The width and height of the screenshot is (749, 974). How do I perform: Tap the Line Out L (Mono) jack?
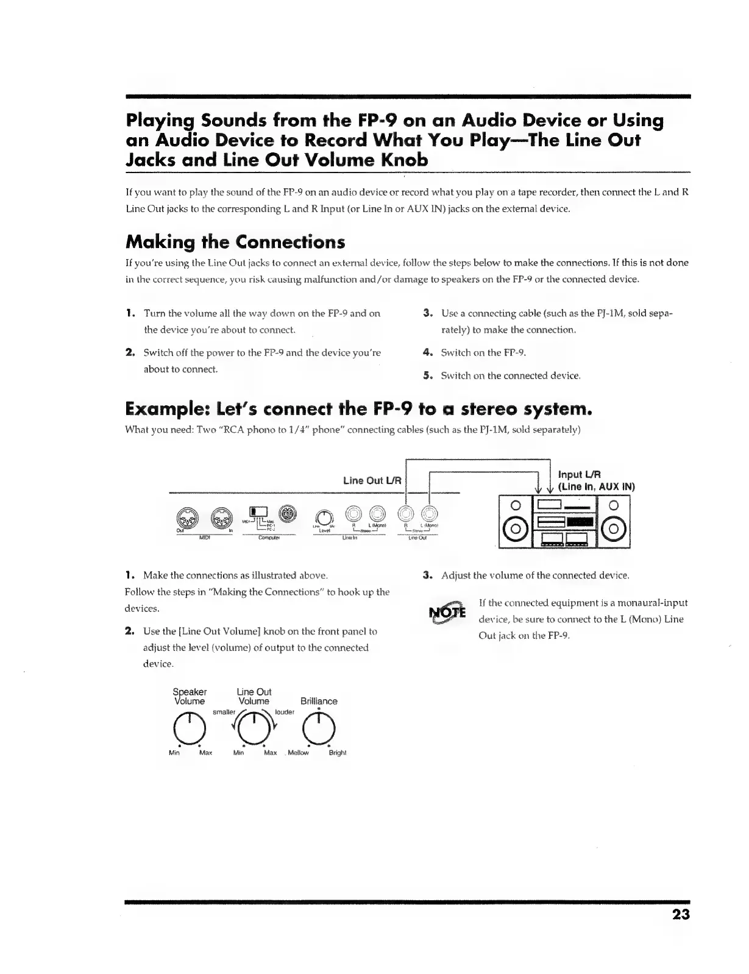430,515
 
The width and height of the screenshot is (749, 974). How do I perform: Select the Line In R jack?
353,515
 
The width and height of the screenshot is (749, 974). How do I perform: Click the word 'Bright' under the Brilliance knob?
337,753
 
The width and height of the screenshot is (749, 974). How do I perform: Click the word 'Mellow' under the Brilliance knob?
298,753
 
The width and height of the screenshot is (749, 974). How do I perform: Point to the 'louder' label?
285,712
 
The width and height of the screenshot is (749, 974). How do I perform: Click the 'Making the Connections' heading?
235,242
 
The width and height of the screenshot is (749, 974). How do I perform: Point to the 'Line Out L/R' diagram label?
372,480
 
